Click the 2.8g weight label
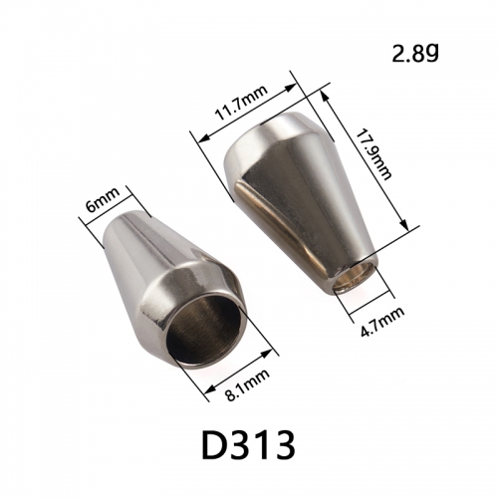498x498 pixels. [415, 54]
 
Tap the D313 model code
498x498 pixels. [249, 445]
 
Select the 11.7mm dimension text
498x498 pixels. [241, 104]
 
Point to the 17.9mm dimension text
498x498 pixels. [373, 154]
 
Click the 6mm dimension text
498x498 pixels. [103, 200]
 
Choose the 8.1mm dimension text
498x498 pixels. [247, 385]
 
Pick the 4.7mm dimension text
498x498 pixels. [382, 322]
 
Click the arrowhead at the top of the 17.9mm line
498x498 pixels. [325, 96]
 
